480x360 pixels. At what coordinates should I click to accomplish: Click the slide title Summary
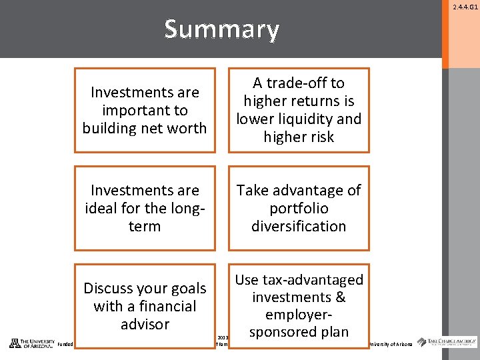pos(221,29)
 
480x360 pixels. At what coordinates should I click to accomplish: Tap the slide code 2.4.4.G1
pos(465,7)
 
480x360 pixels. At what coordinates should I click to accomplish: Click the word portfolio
pos(299,208)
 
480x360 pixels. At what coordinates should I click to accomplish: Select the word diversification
pos(299,226)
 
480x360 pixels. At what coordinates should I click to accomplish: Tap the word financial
pos(163,307)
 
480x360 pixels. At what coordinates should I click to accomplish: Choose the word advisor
pos(145,325)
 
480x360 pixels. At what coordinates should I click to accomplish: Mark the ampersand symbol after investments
pos(339,297)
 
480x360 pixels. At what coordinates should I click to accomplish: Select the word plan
pos(333,332)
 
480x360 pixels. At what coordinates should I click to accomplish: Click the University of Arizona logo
pos(31,343)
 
